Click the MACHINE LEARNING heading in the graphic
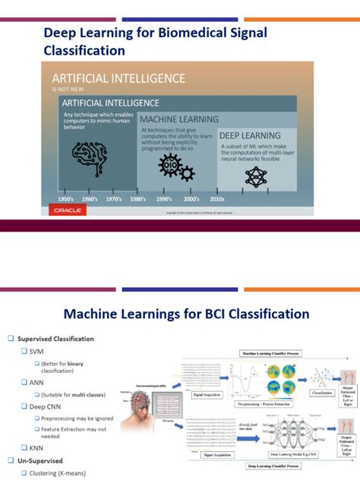pyautogui.click(x=179, y=119)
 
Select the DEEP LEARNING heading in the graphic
pyautogui.click(x=250, y=134)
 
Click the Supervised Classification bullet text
pyautogui.click(x=57, y=339)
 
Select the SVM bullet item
pyautogui.click(x=36, y=352)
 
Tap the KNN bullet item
pyautogui.click(x=36, y=447)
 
